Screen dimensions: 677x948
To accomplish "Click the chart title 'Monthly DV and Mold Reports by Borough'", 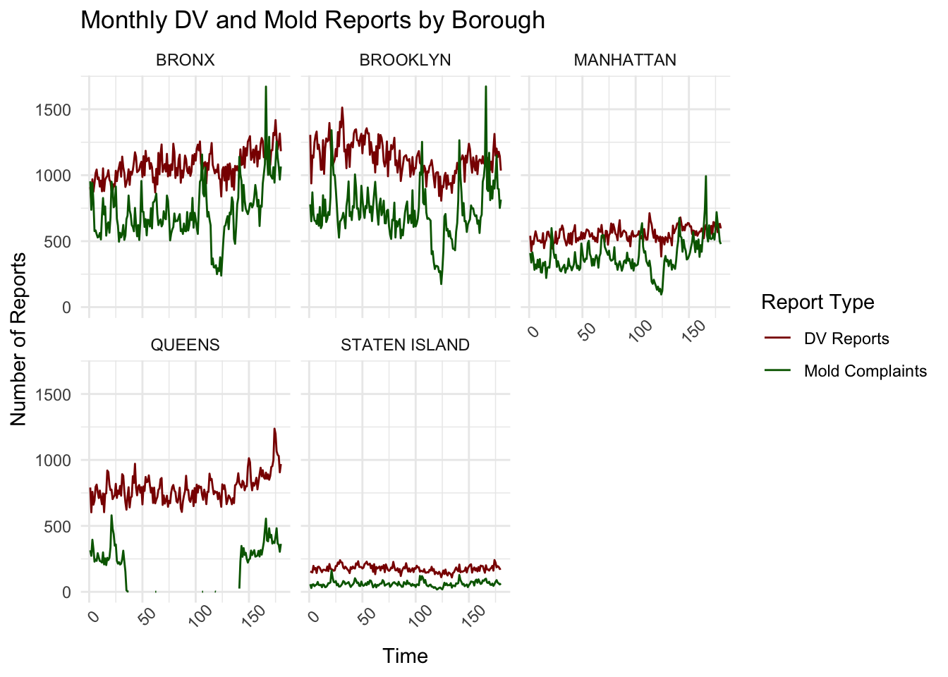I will point(312,20).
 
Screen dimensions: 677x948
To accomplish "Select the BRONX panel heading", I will point(185,60).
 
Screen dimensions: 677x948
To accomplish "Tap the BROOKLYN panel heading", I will point(405,60).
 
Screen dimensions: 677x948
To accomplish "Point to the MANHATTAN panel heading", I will point(625,60).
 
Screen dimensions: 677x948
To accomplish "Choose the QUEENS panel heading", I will point(185,345).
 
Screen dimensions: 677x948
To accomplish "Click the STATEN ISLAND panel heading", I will point(405,345).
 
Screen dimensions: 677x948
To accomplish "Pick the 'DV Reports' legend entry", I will point(846,338).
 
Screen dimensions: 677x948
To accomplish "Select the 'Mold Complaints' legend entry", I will point(865,371).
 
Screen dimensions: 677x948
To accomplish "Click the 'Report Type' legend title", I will point(818,303).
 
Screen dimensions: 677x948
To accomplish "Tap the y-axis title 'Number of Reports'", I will point(19,338).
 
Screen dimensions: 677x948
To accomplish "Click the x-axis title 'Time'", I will point(405,656).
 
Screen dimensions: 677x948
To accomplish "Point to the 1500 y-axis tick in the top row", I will point(54,110).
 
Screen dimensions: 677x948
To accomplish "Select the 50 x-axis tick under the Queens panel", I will point(147,615).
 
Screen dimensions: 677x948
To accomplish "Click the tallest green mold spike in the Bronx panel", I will point(266,87).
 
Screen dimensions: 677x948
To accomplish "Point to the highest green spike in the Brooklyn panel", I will point(486,87).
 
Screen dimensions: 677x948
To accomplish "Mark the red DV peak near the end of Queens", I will point(274,429).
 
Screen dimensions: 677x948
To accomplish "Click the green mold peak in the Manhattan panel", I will point(705,176).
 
